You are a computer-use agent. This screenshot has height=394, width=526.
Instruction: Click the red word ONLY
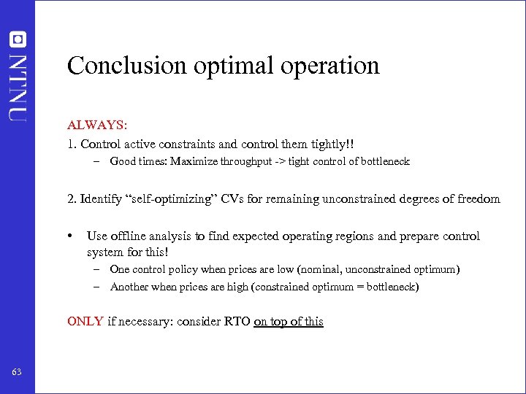[85, 322]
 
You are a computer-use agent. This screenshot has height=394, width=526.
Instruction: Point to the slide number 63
[17, 373]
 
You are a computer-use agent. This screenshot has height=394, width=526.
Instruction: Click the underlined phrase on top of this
[288, 322]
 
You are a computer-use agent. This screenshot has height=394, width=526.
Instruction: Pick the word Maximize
[194, 161]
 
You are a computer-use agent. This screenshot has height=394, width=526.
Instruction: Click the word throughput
[248, 161]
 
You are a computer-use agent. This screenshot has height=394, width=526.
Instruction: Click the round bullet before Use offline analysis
[70, 236]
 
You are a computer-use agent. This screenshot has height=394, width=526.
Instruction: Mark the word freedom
[479, 198]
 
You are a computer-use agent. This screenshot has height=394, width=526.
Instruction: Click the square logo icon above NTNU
[17, 40]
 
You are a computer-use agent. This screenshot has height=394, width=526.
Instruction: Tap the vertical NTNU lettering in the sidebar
[17, 85]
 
